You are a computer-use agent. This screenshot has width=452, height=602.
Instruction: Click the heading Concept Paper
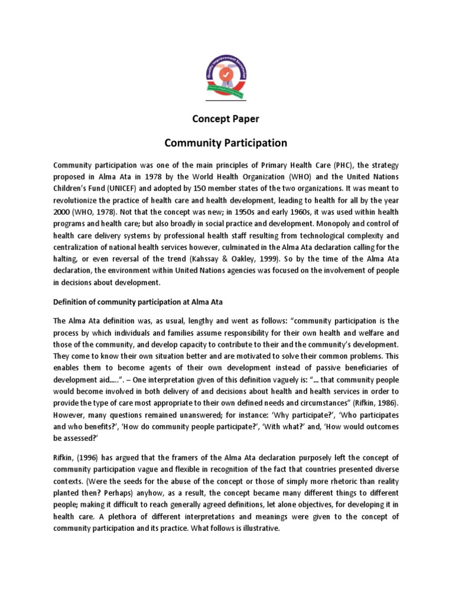point(226,119)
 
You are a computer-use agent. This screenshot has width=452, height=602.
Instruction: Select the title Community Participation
point(226,143)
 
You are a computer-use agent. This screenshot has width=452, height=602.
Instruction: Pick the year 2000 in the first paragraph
point(62,212)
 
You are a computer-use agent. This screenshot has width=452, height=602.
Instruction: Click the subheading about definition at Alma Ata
point(139,302)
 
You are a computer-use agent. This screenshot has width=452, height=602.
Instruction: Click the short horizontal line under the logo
point(226,101)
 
